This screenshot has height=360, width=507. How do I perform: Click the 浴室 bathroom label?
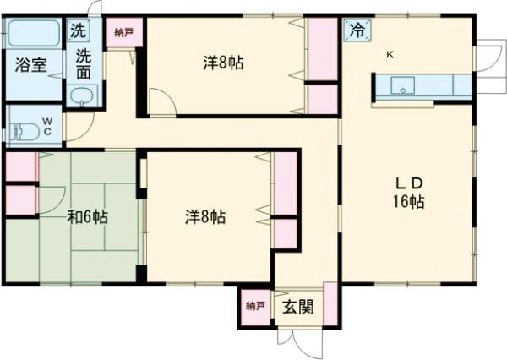coord(28,66)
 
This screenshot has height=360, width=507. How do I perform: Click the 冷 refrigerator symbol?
coord(356,30)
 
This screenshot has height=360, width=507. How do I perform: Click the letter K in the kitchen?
coord(390,55)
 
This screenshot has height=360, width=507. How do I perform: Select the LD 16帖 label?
coord(407,193)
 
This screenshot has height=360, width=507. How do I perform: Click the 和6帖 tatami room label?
coord(87,216)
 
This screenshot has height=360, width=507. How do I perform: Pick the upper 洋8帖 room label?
coord(223,63)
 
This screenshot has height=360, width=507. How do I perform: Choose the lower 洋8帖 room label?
coord(205,216)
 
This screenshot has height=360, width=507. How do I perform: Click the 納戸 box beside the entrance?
coord(254,306)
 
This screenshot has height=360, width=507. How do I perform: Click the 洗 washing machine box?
coord(78,30)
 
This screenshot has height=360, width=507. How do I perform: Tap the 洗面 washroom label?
coord(83,65)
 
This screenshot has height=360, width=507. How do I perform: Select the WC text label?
coord(47,127)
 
